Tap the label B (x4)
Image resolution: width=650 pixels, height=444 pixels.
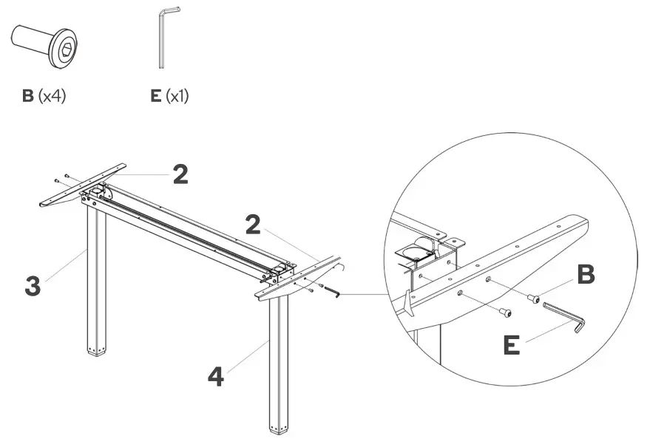(44, 96)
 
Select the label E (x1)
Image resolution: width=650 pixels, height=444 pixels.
(169, 96)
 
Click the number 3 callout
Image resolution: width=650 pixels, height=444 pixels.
(33, 287)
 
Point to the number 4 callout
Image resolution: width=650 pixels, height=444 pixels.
(215, 376)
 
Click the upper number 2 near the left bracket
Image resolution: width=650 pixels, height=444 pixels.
(180, 174)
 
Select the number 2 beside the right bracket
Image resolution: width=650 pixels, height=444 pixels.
(253, 224)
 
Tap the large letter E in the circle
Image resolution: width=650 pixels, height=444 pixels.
(511, 345)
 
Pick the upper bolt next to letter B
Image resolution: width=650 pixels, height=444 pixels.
(534, 298)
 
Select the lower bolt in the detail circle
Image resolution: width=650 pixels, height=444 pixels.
(504, 313)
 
